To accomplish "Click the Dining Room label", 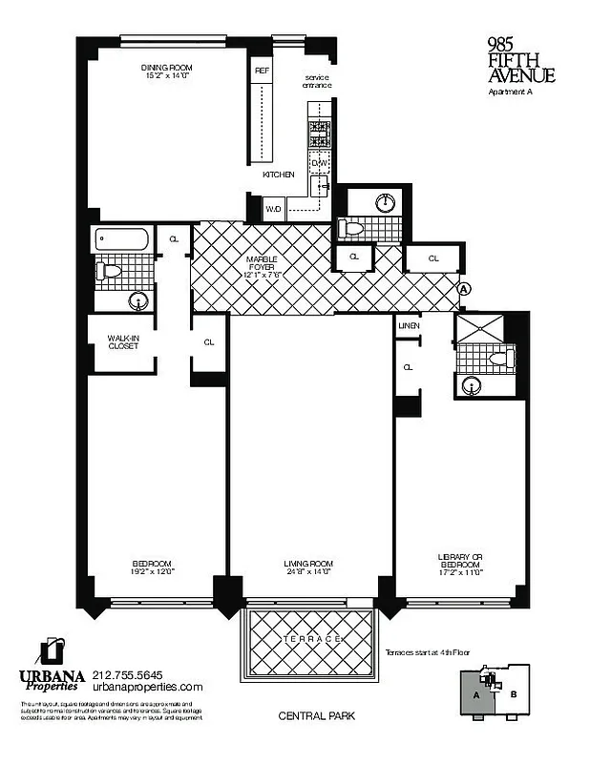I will tap(168, 68).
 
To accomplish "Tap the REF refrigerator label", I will tap(261, 71).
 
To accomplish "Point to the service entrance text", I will tap(318, 81).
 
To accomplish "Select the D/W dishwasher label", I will tap(319, 163).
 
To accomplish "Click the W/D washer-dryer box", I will tap(273, 208).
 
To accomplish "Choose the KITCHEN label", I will tap(278, 175).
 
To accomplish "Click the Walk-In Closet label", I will tap(122, 341).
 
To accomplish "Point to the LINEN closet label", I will tap(410, 326).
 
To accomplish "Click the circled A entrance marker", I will tap(464, 288).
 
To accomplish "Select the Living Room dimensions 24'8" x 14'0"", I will tap(306, 572).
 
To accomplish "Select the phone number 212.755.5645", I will tap(135, 673).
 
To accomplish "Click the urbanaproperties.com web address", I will tap(148, 687).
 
